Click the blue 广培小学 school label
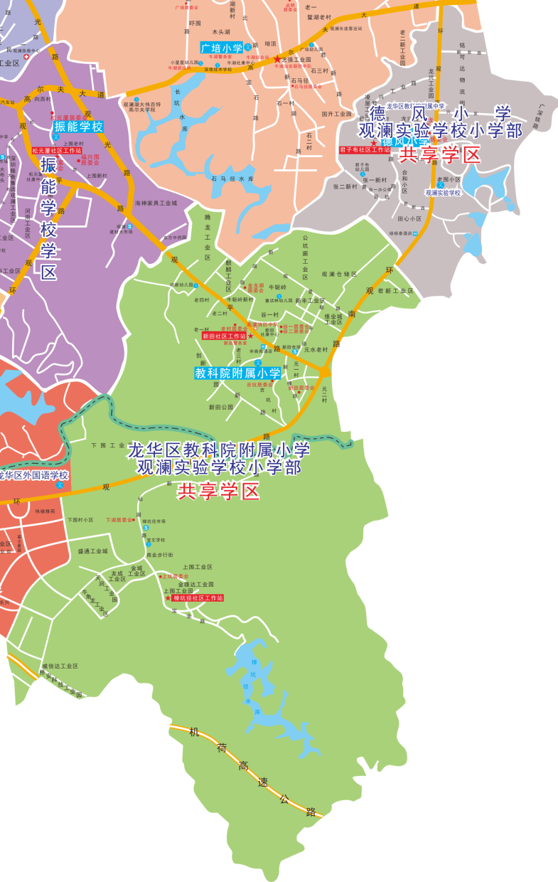coord(221,48)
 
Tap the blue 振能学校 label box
coord(78,127)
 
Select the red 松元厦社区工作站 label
coord(57,151)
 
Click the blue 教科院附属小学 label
coord(237,373)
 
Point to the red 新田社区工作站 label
coord(224,336)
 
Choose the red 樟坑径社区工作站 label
coord(198,598)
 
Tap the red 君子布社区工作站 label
coord(365,150)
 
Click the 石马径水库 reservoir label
coord(232,179)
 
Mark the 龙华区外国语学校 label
coord(33,475)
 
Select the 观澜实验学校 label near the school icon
coord(443,193)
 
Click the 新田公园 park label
coord(221,408)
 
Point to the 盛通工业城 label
coord(92,551)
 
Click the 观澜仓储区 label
coord(339,274)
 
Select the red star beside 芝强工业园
coord(277,60)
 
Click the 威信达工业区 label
coord(60,666)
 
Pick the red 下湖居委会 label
coord(119,520)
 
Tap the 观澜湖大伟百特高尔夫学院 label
coord(139,107)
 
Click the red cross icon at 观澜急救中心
coord(26,56)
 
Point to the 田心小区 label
coord(409,219)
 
